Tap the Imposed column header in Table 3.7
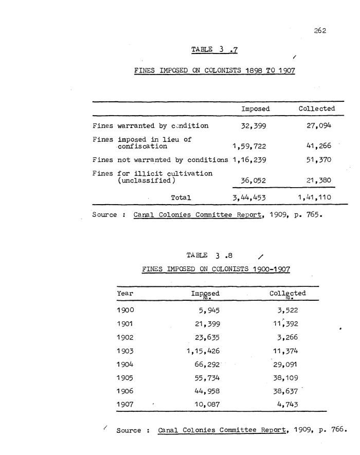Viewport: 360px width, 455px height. [256, 109]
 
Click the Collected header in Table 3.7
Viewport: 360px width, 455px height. [316, 109]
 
